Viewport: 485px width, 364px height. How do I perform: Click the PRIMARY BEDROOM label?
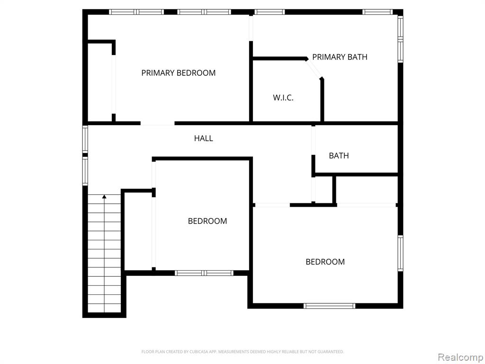coord(178,73)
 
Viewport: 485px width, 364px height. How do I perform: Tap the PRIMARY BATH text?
coord(340,57)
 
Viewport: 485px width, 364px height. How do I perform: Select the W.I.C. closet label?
coord(283,98)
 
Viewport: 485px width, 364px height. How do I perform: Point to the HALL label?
coord(204,138)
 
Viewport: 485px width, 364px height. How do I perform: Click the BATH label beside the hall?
coord(339,155)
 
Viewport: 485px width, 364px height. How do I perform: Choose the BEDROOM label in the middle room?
coord(207,221)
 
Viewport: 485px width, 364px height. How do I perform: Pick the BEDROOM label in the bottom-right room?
coord(325,262)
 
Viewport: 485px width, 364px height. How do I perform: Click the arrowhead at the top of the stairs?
coord(104,197)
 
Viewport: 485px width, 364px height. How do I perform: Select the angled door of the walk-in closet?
coord(314,69)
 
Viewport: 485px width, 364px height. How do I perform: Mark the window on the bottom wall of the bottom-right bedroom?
coord(329,306)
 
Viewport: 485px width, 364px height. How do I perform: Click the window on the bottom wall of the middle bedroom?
coord(204,273)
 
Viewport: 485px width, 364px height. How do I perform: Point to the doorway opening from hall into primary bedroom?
coord(157,123)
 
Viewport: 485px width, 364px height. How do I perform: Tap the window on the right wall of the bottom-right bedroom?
coord(401,253)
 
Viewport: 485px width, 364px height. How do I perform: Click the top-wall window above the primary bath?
coord(377,12)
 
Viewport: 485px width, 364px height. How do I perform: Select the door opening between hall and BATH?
coord(314,140)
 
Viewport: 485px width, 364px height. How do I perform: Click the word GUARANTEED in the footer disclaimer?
coord(331,352)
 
